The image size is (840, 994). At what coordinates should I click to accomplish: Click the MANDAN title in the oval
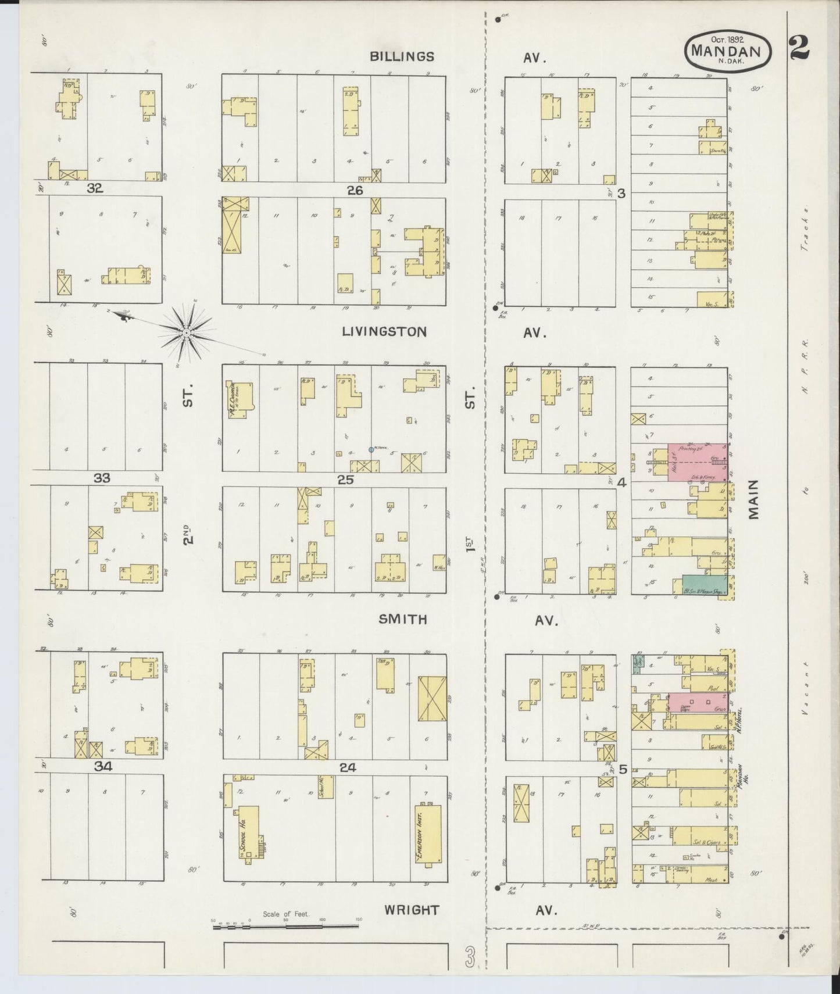point(730,51)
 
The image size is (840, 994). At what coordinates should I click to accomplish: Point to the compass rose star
point(186,332)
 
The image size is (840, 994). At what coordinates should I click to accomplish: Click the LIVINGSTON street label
point(384,332)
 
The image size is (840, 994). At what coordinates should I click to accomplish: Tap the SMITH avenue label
point(403,620)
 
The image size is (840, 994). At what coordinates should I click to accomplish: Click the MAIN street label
point(755,499)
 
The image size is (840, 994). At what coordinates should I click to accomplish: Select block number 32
point(94,188)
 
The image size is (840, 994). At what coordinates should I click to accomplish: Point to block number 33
point(102,478)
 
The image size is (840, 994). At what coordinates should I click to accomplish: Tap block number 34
point(103,767)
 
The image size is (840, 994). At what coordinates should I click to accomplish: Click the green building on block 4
point(703,584)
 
